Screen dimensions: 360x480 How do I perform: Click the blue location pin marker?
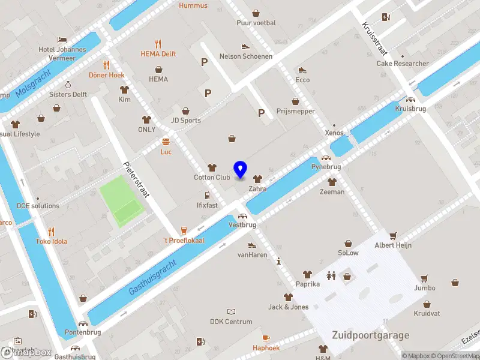241,170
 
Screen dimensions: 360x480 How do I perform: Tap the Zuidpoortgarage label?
371,335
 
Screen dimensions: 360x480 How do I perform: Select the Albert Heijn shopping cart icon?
393,236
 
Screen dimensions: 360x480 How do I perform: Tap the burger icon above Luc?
166,142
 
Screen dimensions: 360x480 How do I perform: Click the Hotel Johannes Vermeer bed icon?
62,40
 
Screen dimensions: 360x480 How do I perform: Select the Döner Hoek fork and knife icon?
106,65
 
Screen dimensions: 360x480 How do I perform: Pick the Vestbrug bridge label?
242,224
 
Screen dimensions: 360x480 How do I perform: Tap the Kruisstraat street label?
373,37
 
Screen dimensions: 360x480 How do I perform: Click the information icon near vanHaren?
278,261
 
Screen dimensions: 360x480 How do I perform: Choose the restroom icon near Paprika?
331,275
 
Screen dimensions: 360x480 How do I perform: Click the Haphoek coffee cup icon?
266,338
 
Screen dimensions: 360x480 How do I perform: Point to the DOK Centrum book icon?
231,312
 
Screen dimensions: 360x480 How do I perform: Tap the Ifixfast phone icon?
207,195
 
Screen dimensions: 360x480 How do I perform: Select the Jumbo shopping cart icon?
424,278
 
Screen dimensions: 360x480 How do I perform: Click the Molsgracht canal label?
34,83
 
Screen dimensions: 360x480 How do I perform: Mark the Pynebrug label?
326,166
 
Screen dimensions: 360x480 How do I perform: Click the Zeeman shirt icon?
332,182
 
